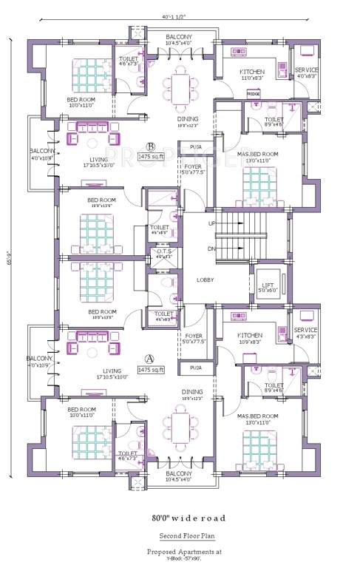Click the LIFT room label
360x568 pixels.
pos(268,285)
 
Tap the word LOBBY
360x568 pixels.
pos(205,280)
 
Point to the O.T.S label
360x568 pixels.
pos(163,252)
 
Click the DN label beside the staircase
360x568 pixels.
pos(211,248)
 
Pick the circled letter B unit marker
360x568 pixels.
pos(151,146)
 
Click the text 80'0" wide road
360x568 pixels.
pos(189,518)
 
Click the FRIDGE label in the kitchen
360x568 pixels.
pos(254,95)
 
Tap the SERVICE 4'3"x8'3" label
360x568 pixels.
pos(305,333)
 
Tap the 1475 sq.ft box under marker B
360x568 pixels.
pos(151,157)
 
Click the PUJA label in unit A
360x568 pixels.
pos(196,367)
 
